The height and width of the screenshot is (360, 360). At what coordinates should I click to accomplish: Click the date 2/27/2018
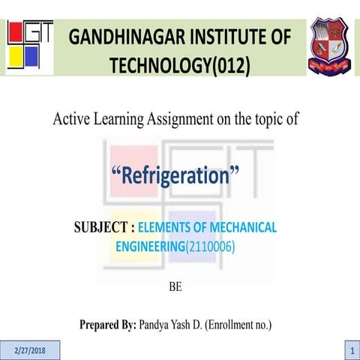[31, 350]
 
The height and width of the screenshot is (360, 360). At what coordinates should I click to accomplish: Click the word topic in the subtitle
[278, 118]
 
